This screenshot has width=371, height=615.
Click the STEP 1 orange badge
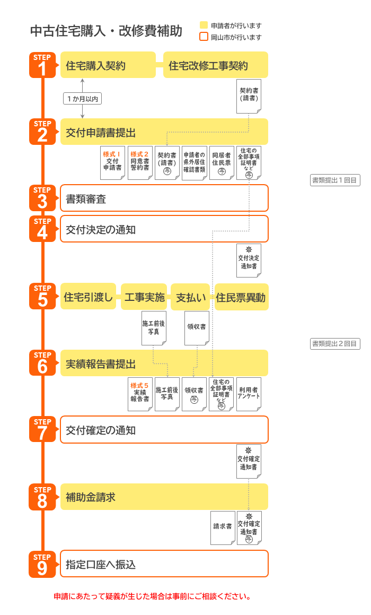pos(42,65)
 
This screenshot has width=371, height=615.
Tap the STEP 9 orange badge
pos(42,564)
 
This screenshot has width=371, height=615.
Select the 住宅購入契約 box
pos(108,65)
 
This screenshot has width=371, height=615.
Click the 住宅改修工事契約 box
pos(215,65)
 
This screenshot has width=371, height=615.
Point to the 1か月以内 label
pos(82,99)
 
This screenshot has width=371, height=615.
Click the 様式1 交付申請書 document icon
pos(112,163)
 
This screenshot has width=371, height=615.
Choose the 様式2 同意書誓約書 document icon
pos(140,163)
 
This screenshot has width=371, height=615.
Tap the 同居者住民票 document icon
pos(222,163)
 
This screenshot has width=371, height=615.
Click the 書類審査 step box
pos(164,198)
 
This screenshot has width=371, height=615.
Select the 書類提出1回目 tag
pos(335,180)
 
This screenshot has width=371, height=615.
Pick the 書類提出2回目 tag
pos(335,344)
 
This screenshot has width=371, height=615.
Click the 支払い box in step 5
pos(190,297)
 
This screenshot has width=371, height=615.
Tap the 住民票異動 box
pos(241,297)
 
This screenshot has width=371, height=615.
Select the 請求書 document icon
pos(223,527)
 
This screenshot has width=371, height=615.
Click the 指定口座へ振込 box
pos(164,564)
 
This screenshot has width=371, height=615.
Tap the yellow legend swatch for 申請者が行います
pos(204,25)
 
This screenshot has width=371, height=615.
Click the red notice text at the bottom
pos(152,596)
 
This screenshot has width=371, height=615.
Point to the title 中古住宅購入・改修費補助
pos(106,31)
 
